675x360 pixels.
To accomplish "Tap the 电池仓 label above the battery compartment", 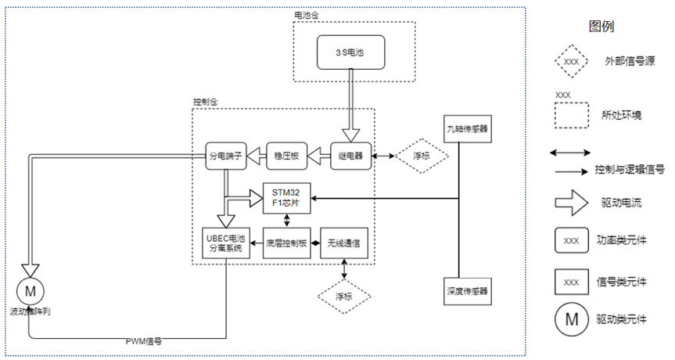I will tap(307, 16).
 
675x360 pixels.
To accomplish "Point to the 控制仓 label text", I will tap(204, 102).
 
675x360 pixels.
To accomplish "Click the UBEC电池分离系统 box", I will tap(224, 244).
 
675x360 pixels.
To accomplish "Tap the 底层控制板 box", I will tap(285, 244).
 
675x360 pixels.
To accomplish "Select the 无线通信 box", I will tap(345, 244).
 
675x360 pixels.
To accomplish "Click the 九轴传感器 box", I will tap(467, 128).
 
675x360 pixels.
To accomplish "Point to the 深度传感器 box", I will tap(468, 290).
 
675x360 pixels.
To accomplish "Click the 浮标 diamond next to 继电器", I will tap(421, 156).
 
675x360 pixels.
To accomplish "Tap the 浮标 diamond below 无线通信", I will tap(344, 297).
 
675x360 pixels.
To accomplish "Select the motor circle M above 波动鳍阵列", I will tap(31, 290).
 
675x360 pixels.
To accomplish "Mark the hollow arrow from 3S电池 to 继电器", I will tap(349, 110).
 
